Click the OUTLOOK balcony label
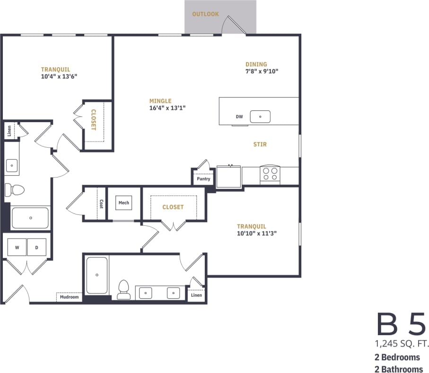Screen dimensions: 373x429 click(205, 14)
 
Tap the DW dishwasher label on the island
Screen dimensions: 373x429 click(239, 116)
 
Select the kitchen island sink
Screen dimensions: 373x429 click(260, 116)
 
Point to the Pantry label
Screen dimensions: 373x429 click(203, 179)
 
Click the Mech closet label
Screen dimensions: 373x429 click(124, 203)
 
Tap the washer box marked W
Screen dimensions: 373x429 click(17, 247)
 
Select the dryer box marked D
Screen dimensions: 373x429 click(36, 247)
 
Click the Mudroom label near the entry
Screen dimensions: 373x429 click(69, 297)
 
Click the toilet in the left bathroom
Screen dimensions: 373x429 click(15, 190)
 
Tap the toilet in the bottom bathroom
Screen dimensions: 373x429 click(123, 289)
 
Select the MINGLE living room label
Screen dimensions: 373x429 click(160, 101)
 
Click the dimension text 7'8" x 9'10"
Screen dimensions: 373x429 click(262, 71)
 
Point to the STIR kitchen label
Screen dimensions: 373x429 click(260, 144)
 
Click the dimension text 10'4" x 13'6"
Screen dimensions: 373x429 click(59, 76)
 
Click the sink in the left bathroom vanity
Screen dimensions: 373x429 click(12, 166)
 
